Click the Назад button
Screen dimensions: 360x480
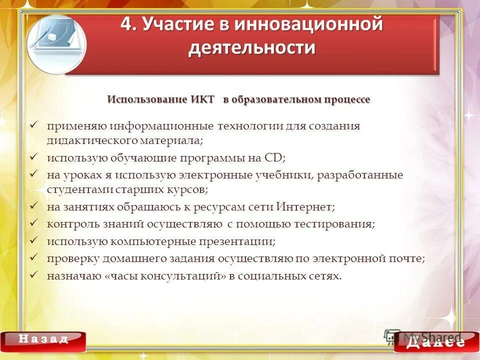[x=43, y=339]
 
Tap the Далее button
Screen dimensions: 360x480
[x=435, y=342]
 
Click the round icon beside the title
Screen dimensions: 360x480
[x=55, y=44]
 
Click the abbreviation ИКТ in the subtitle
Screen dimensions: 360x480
[x=202, y=99]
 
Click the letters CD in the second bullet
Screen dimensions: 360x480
[x=273, y=158]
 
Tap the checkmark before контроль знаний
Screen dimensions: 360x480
[x=34, y=223]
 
